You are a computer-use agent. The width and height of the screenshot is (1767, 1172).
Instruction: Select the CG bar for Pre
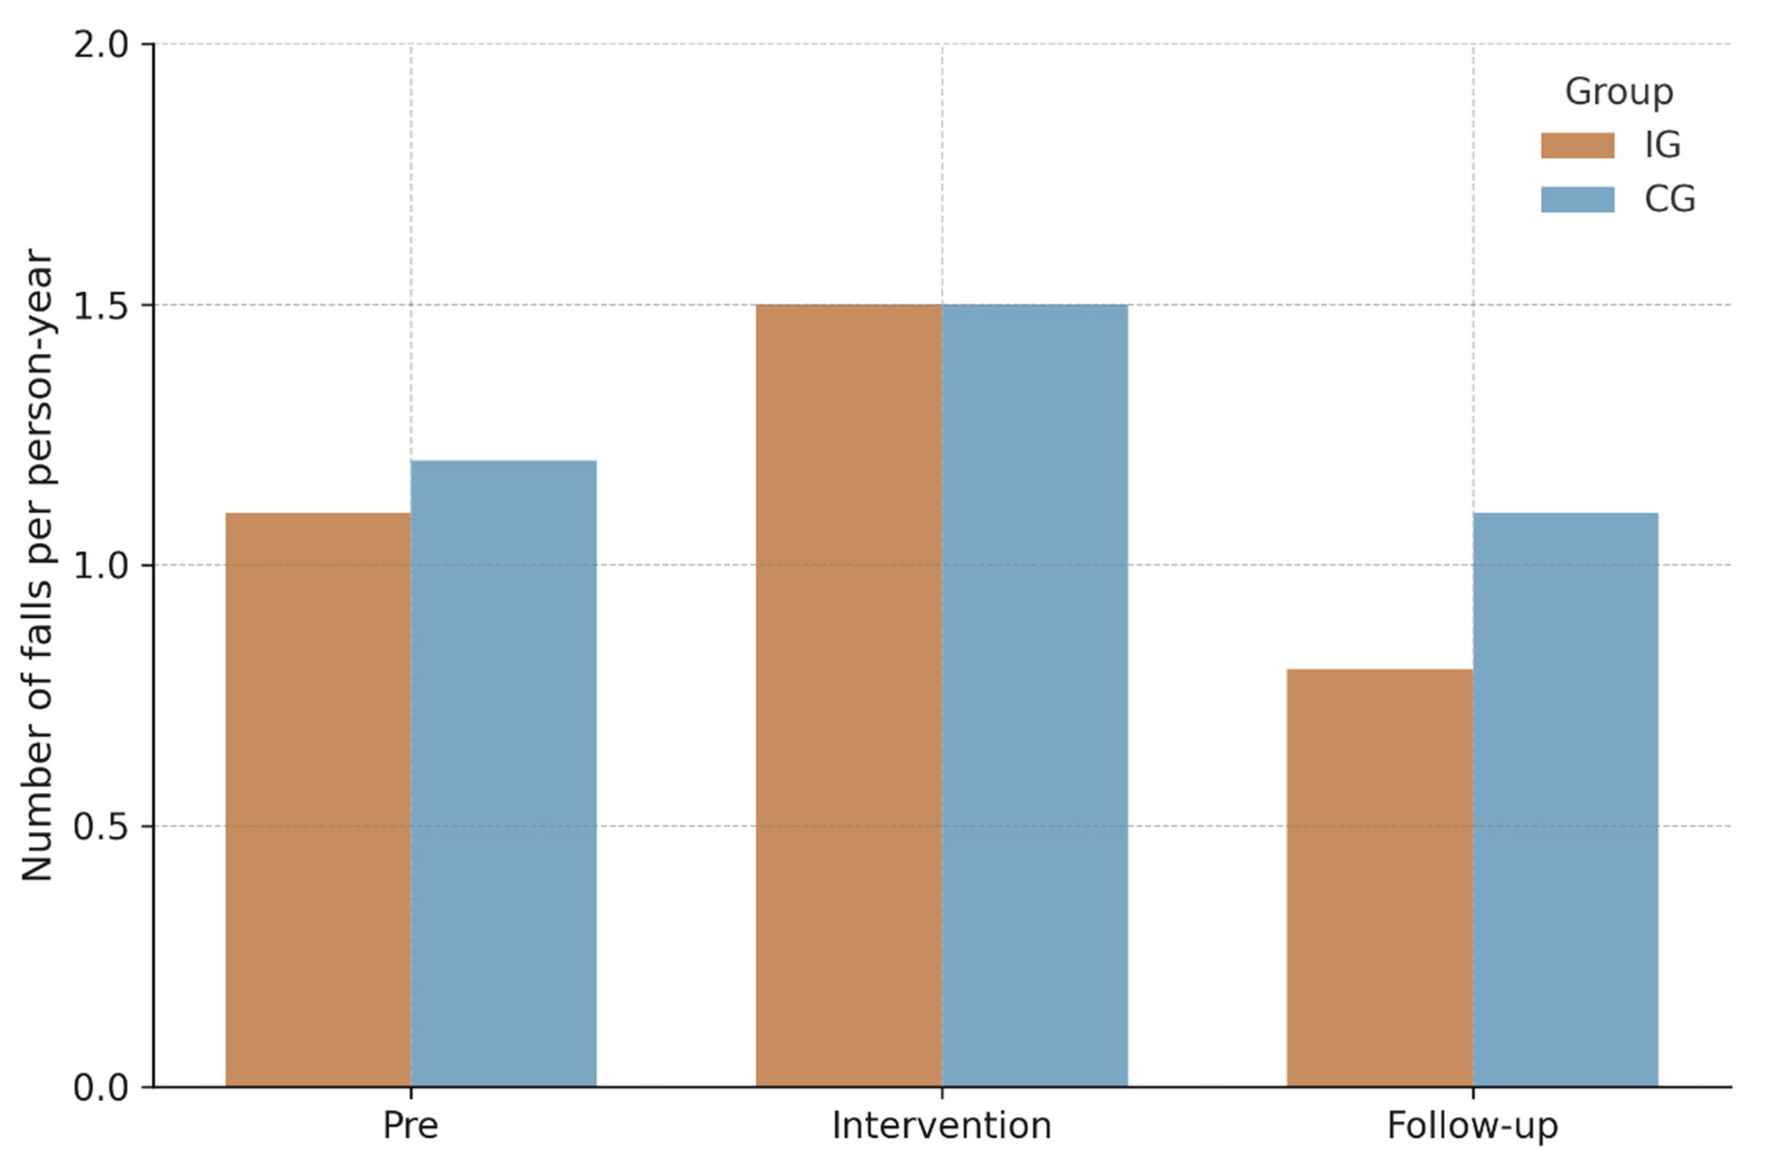click(503, 774)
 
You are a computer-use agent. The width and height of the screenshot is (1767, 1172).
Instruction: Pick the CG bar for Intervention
click(1035, 695)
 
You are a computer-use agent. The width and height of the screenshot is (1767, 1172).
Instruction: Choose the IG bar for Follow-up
click(1380, 878)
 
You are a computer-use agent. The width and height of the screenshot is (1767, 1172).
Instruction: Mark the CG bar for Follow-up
click(1565, 800)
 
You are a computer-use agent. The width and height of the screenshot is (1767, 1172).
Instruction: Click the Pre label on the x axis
click(410, 1126)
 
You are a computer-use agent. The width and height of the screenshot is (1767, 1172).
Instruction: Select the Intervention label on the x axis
click(941, 1126)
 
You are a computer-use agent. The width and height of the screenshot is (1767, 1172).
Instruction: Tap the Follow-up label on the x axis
click(1473, 1126)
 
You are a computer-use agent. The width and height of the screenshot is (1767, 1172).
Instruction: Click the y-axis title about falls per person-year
click(38, 566)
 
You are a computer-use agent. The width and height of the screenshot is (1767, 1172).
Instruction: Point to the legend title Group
click(1619, 92)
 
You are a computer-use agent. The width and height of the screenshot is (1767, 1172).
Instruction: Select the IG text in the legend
click(1662, 145)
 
